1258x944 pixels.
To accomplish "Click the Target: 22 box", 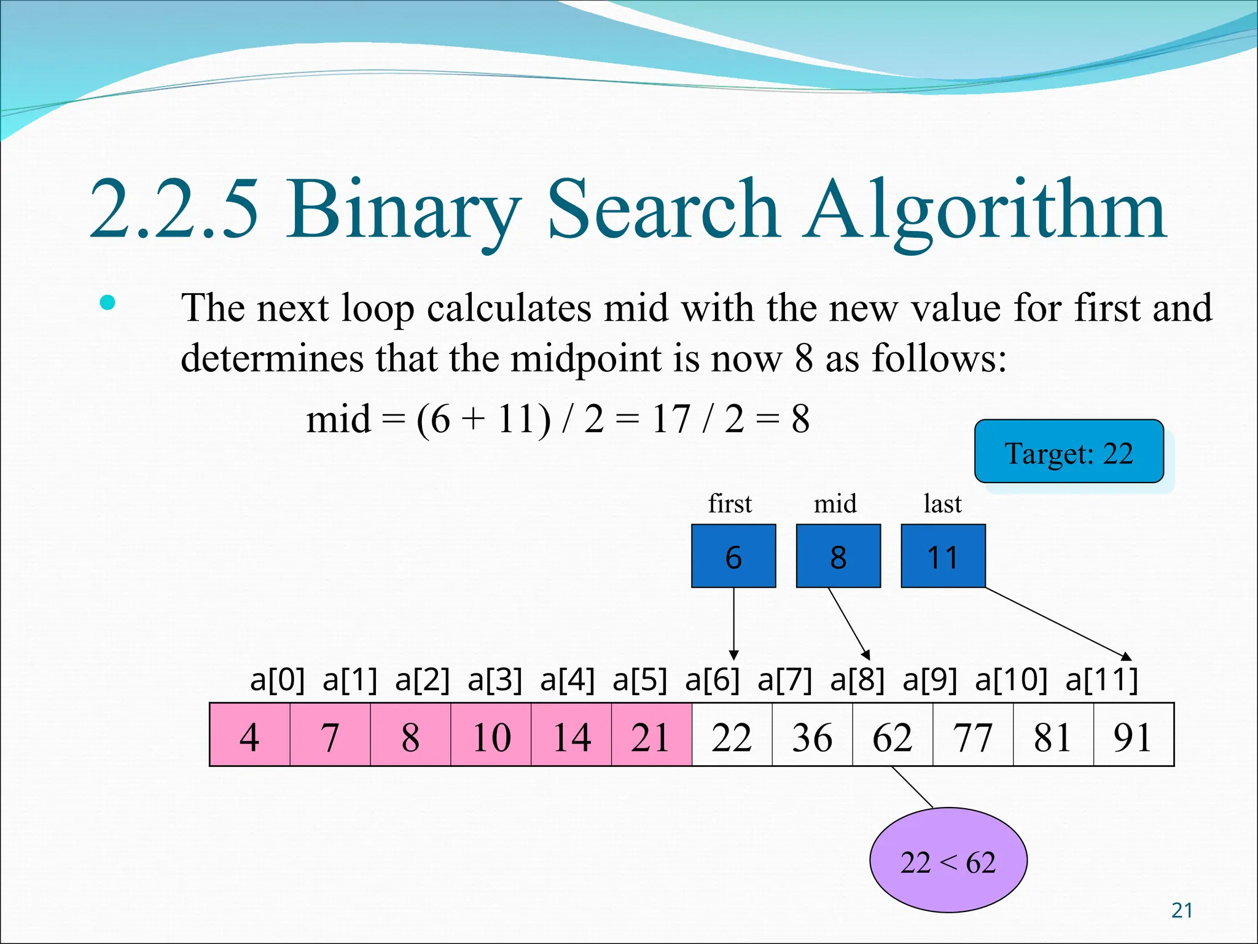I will click(x=1069, y=452).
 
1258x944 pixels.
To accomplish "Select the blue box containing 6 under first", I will click(x=733, y=556).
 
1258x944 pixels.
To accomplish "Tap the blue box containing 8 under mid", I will click(x=838, y=556).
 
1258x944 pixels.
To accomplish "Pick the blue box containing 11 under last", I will click(x=943, y=556).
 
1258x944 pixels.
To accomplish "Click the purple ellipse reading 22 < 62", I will click(x=948, y=860).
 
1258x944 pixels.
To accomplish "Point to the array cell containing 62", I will click(x=893, y=735).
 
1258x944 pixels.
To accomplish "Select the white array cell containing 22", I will click(x=732, y=735).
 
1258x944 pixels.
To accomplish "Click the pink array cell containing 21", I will click(x=651, y=735).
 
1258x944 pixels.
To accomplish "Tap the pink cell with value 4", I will click(x=249, y=735).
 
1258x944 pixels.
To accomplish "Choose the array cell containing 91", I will click(x=1133, y=735).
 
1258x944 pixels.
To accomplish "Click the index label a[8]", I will click(x=858, y=680).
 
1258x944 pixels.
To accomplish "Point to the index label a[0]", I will click(x=277, y=680).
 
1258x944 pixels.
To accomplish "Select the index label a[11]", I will click(x=1102, y=680).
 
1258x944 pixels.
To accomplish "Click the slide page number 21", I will click(x=1182, y=910).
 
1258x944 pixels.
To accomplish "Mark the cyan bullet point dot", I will click(x=107, y=302).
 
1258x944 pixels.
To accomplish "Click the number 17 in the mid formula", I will click(x=671, y=420).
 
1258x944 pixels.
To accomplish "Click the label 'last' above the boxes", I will click(x=942, y=504).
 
